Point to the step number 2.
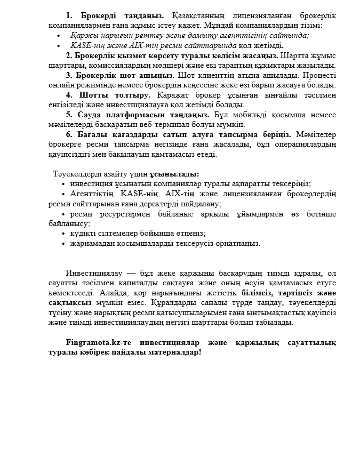coord(69,55)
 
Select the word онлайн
coord(60,85)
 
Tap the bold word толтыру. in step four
coord(133,95)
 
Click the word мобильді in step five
coord(249,115)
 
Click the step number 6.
coord(69,134)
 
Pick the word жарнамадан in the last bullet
coord(91,243)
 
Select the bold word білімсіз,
coord(257,293)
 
